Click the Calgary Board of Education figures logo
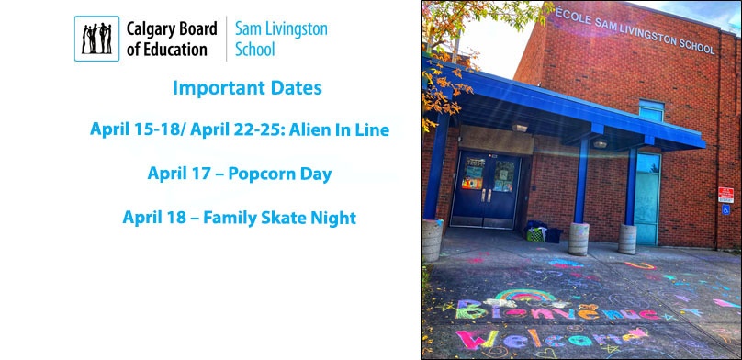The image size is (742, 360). pyautogui.click(x=96, y=38)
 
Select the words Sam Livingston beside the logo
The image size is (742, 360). pyautogui.click(x=281, y=28)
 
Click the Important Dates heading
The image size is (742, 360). pyautogui.click(x=247, y=89)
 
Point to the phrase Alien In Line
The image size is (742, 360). pyautogui.click(x=339, y=129)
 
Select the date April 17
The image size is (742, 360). pyautogui.click(x=177, y=174)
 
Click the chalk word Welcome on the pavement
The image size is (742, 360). pyautogui.click(x=546, y=338)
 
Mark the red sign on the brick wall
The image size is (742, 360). pyautogui.click(x=725, y=195)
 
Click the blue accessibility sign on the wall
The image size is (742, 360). pyautogui.click(x=725, y=209)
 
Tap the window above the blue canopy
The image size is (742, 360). pyautogui.click(x=651, y=111)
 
